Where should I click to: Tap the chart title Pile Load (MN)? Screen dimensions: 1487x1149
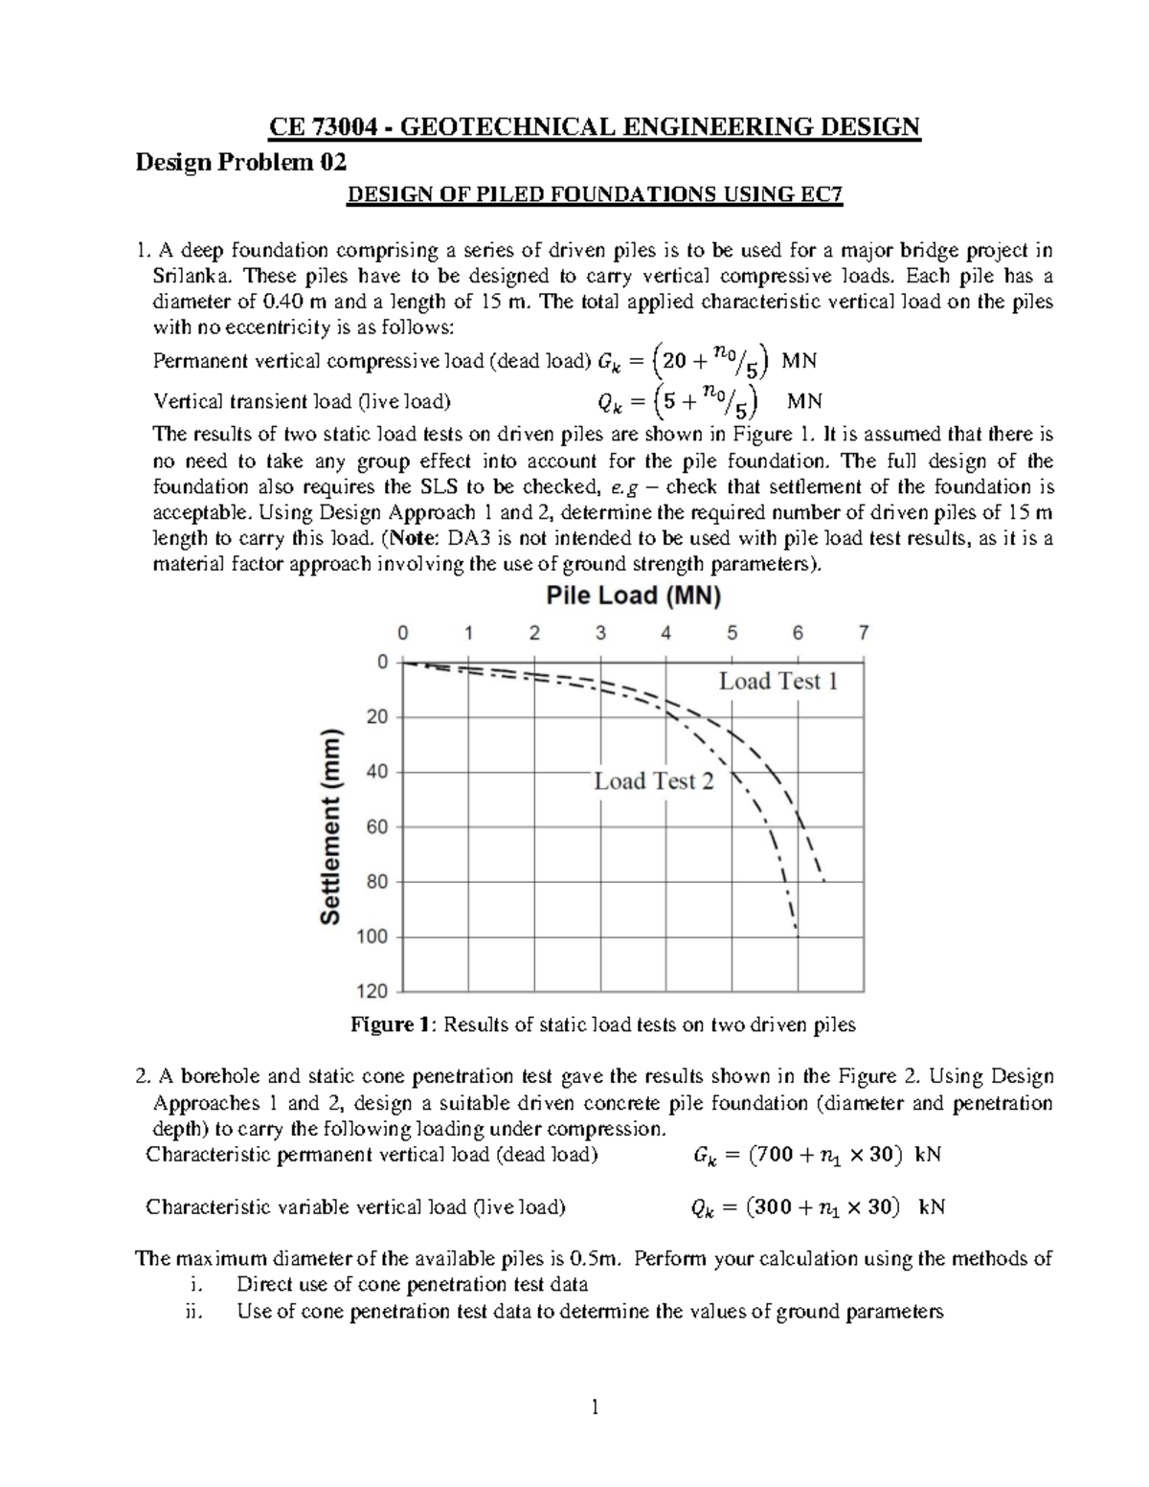point(633,597)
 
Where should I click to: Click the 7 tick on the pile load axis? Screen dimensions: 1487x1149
point(864,633)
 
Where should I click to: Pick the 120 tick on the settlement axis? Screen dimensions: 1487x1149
point(374,991)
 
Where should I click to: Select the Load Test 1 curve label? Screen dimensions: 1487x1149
point(777,682)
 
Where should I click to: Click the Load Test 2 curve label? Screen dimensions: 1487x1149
point(654,781)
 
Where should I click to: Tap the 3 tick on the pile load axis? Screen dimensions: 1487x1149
point(600,633)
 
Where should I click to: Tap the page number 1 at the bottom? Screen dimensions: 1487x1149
point(594,1407)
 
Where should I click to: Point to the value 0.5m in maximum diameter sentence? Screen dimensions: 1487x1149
point(595,1258)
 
